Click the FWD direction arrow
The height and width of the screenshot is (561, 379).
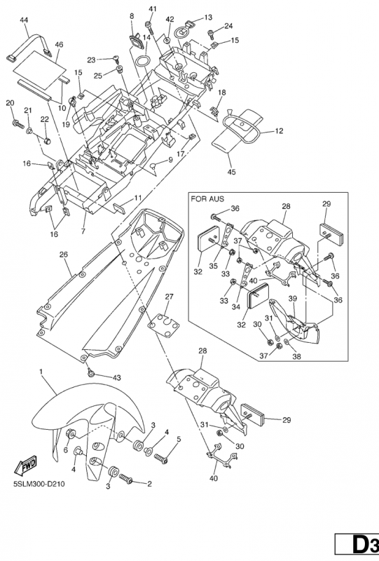26,464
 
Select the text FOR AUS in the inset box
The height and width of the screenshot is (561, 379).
207,199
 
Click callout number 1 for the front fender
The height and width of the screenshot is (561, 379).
41,372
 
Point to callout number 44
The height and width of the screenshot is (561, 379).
24,20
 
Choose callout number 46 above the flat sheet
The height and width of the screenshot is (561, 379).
59,44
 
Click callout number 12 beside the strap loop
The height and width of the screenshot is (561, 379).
279,130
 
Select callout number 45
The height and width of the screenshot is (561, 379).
231,172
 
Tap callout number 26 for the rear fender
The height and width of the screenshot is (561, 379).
63,255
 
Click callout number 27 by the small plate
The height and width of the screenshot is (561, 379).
169,297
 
